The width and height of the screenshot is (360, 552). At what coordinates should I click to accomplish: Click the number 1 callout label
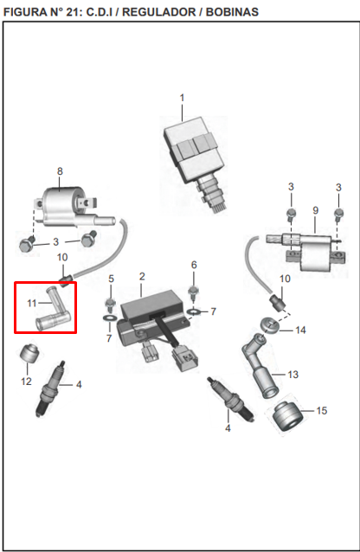click(x=182, y=98)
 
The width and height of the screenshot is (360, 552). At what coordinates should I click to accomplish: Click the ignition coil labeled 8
click(x=70, y=208)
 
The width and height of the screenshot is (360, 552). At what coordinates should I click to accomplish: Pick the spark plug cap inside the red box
click(x=53, y=310)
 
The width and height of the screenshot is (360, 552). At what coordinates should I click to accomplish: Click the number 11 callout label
click(x=32, y=303)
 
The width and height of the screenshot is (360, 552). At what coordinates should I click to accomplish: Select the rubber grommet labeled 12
click(x=29, y=354)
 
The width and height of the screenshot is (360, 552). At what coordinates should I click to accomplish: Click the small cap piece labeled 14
click(x=270, y=325)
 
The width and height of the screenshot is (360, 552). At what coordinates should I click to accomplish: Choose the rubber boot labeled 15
click(x=287, y=415)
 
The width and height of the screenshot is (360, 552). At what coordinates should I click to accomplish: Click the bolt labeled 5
click(x=111, y=305)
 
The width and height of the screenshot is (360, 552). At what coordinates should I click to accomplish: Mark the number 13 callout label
click(x=293, y=375)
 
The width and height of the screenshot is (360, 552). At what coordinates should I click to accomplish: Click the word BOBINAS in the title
click(x=232, y=11)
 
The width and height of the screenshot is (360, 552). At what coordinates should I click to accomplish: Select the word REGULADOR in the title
click(x=158, y=11)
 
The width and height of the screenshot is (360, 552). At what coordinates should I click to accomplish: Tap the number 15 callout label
click(x=322, y=410)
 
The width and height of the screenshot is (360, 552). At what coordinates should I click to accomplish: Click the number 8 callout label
click(x=60, y=171)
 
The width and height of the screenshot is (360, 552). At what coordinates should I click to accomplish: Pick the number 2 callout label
click(x=142, y=276)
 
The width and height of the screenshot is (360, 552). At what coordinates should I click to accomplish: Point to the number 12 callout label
click(x=26, y=382)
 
